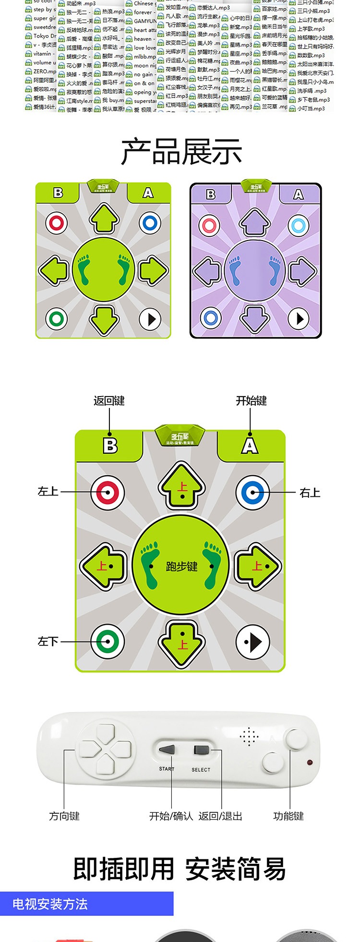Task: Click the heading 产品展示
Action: tap(181, 152)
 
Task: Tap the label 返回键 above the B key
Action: tap(109, 400)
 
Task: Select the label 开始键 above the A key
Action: tap(251, 400)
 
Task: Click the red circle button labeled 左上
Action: tap(108, 492)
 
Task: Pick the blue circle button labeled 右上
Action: tap(252, 492)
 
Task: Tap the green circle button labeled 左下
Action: tap(108, 641)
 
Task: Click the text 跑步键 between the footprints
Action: tap(181, 567)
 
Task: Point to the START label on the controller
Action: tap(167, 769)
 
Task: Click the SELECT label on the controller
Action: tap(201, 770)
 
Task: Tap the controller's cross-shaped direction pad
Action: tap(105, 750)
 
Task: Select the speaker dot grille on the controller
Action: tap(249, 736)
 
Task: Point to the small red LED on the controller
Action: tap(310, 762)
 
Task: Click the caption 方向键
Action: tap(64, 816)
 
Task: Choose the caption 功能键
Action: tap(288, 816)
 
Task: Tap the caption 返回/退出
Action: tap(220, 816)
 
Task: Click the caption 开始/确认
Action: tap(171, 816)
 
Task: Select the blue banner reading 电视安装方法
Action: tap(86, 904)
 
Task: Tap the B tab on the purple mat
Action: tap(211, 194)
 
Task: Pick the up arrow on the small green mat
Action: tap(104, 219)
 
